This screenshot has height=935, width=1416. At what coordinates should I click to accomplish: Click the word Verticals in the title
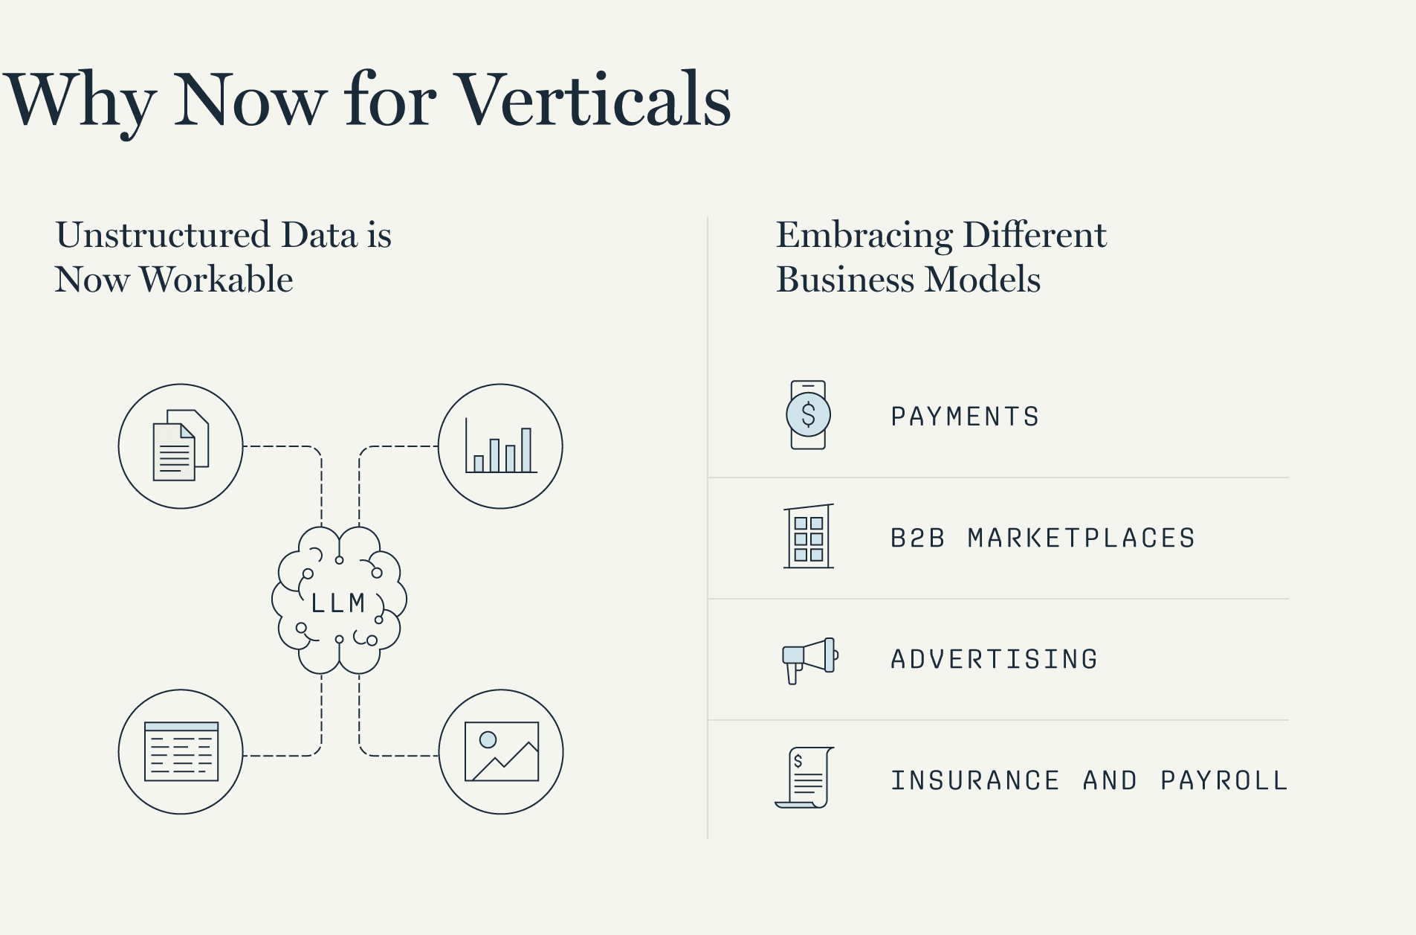coord(593,100)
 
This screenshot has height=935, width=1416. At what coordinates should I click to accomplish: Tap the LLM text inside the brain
coord(338,603)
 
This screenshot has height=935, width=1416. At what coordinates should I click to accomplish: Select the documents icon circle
coord(181,446)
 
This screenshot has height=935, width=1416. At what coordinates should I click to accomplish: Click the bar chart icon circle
coord(500,446)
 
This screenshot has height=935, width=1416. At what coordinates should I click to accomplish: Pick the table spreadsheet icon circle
coord(181,752)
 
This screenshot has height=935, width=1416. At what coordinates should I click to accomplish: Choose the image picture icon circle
coord(501,752)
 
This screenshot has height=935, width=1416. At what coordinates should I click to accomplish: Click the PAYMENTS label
coord(965,417)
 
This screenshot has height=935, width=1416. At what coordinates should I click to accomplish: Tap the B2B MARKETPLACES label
coord(1043,538)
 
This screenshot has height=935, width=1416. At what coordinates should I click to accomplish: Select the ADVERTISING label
coord(995,659)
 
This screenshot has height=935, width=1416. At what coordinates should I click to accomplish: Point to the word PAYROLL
coord(1223,780)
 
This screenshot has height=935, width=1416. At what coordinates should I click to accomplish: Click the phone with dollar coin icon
coord(808,415)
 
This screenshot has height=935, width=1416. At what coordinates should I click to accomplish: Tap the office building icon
coord(809,536)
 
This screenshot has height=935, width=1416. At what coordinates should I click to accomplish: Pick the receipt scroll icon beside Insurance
coord(806,777)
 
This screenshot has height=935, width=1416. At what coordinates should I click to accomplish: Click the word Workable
coord(216,280)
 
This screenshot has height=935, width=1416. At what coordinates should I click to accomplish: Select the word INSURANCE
coord(975,780)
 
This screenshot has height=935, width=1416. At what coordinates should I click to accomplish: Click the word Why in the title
coord(80,100)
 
